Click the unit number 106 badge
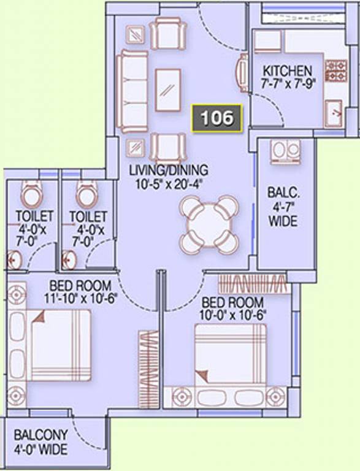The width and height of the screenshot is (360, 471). [216, 118]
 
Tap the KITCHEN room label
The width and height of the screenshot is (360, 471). [287, 71]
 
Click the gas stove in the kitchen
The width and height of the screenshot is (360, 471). [335, 71]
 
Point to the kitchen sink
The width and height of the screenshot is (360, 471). [334, 113]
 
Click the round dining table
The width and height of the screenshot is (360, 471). [209, 224]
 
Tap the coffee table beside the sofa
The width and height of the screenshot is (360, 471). [168, 90]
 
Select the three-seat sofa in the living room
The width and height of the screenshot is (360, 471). [132, 91]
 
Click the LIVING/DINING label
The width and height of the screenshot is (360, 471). [168, 170]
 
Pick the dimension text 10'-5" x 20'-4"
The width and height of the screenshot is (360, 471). [167, 183]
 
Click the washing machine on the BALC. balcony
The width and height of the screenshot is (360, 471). [285, 152]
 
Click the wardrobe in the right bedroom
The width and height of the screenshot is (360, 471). [255, 284]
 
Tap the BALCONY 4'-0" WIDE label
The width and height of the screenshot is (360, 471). [40, 442]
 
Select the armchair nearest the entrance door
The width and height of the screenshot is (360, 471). [167, 33]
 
